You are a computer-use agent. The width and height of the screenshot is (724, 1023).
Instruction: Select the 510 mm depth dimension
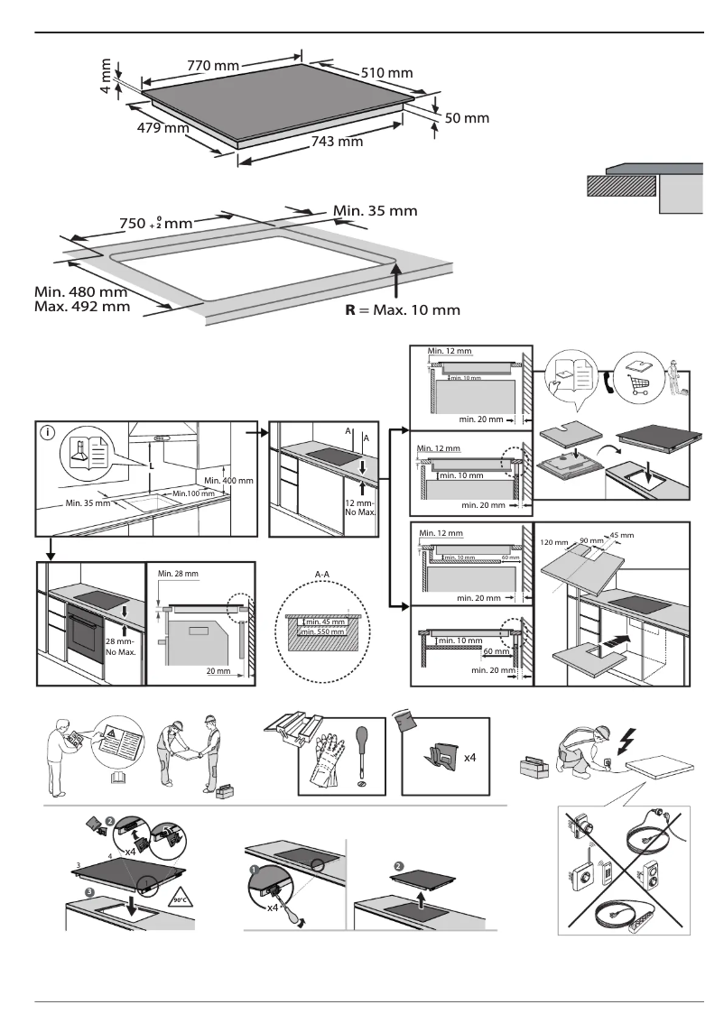(387, 72)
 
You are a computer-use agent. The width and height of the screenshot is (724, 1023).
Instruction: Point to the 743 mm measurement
(336, 141)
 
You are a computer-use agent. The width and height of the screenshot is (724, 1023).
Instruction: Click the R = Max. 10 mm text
(403, 309)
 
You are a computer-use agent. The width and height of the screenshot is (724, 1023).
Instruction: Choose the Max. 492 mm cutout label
(81, 307)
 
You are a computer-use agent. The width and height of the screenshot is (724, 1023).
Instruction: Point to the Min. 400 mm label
(227, 480)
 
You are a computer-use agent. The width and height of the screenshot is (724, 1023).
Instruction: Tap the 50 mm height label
(467, 117)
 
